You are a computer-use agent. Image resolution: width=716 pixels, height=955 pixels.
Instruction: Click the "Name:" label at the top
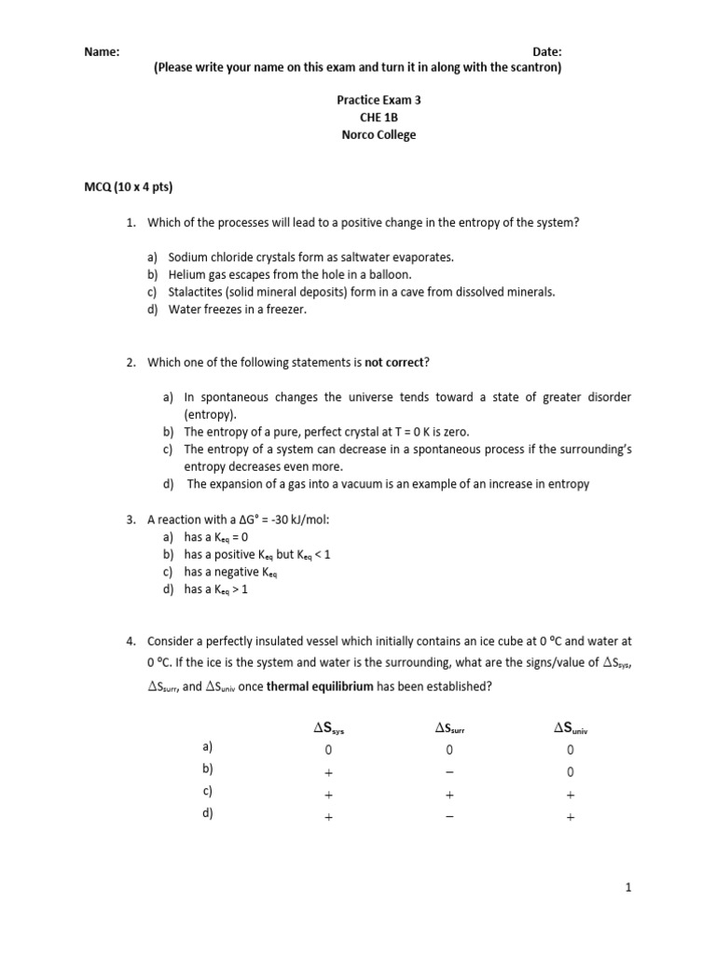102,51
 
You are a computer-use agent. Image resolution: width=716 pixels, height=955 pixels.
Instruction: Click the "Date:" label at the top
546,51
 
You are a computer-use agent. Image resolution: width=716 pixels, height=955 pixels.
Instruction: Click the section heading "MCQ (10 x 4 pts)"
129,187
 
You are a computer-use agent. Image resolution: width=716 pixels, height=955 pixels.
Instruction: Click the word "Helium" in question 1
186,274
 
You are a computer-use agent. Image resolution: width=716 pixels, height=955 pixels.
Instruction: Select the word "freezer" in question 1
284,310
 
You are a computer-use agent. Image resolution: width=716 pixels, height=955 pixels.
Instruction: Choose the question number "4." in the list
131,642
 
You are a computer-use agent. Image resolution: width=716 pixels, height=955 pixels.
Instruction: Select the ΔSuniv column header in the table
571,728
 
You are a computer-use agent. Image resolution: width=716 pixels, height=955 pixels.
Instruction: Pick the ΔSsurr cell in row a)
448,750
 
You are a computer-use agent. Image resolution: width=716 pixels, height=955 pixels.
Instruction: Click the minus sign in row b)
448,772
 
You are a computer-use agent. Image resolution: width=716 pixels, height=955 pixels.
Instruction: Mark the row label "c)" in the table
208,791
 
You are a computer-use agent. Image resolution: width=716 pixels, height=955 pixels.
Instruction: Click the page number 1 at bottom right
629,889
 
